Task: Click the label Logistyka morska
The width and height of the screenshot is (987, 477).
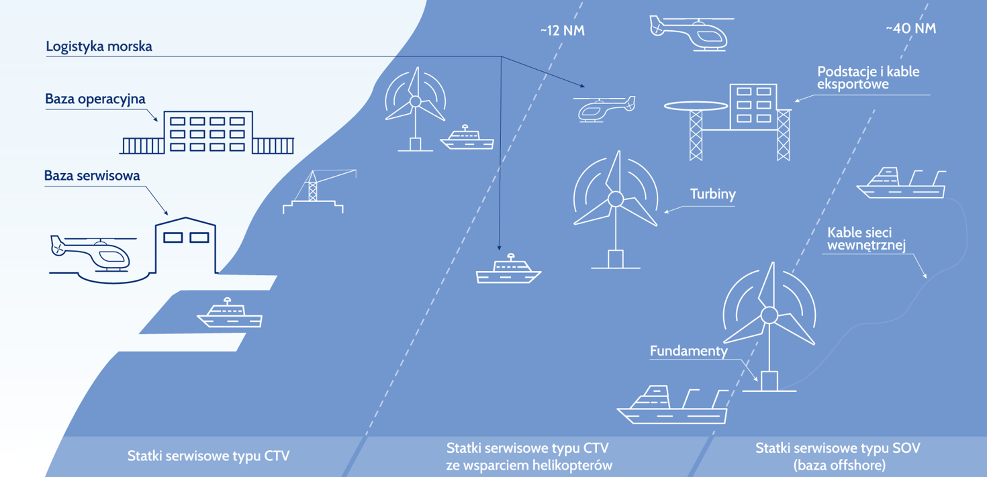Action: point(99,47)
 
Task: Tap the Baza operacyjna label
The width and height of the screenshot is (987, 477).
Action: point(95,99)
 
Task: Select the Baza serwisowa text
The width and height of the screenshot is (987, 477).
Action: point(92,176)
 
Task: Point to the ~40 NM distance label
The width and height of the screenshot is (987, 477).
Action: point(910,29)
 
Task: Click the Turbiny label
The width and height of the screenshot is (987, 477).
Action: point(713,195)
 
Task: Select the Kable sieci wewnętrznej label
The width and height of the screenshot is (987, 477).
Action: point(866,239)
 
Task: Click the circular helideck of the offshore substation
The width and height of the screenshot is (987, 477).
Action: point(696,106)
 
